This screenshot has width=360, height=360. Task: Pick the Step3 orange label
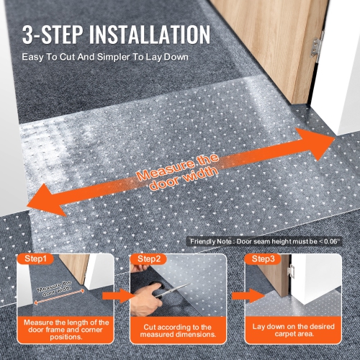(261, 258)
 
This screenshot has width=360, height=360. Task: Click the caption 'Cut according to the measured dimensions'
(173, 330)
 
